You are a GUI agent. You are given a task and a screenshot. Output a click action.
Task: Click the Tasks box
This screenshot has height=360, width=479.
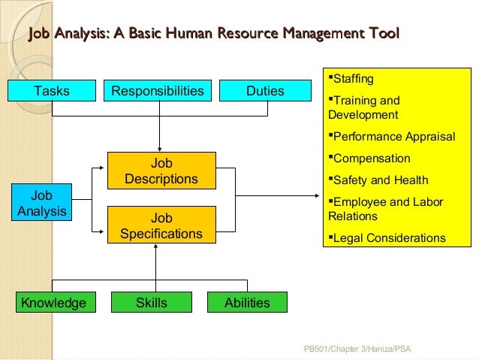(52, 91)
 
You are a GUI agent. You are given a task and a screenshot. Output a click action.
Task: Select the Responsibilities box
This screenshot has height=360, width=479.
(158, 91)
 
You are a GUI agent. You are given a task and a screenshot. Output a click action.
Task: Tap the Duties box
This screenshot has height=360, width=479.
(266, 91)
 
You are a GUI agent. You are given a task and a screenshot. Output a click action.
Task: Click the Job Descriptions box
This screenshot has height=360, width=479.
(161, 171)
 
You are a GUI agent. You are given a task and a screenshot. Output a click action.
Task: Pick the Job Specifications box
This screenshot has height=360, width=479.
(161, 225)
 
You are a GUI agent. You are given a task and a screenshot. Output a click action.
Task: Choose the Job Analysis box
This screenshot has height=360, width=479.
(41, 203)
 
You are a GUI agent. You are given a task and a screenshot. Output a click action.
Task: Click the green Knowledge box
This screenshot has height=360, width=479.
(53, 303)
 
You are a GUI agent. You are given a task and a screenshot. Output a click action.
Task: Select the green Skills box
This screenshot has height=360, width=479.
(152, 303)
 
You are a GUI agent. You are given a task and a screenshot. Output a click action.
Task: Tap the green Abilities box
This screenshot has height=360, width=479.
(248, 303)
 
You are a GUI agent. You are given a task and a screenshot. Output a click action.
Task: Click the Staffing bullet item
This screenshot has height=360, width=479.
(352, 79)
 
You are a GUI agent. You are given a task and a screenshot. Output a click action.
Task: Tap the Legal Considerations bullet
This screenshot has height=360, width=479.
(388, 238)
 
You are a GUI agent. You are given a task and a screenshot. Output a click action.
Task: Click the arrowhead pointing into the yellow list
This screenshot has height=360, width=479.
(319, 197)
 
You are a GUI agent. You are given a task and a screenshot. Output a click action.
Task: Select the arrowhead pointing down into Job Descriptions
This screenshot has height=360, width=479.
(160, 148)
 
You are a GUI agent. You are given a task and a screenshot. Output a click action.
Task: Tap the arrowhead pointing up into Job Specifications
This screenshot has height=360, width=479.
(156, 249)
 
